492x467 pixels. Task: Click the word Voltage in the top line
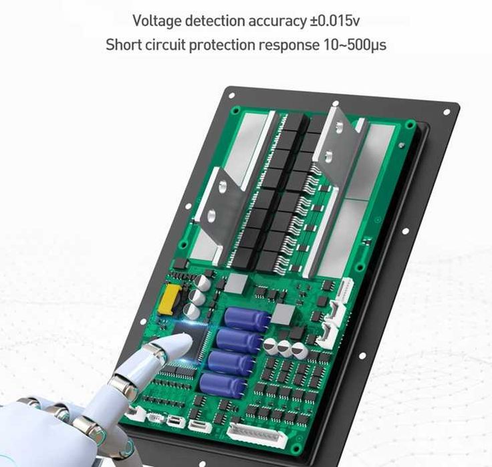pyautogui.click(x=157, y=21)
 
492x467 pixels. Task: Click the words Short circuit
pyautogui.click(x=146, y=45)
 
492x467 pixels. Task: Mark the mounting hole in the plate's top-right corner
pyautogui.click(x=447, y=109)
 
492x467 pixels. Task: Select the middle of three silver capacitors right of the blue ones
pyautogui.click(x=285, y=347)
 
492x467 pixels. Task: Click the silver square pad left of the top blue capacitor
pyautogui.click(x=235, y=283)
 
